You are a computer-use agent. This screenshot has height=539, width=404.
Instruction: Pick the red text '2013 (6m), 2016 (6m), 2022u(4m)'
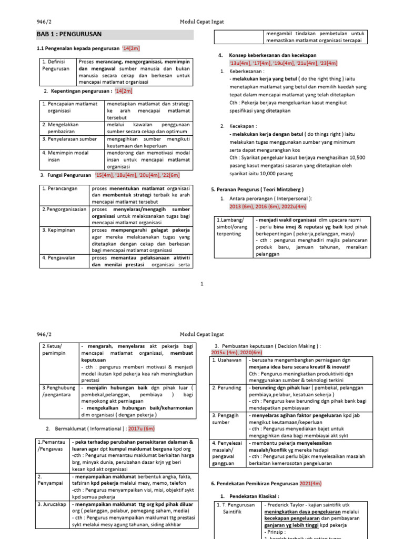coord(268,207)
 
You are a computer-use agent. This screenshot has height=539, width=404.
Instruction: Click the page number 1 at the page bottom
coord(202,284)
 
